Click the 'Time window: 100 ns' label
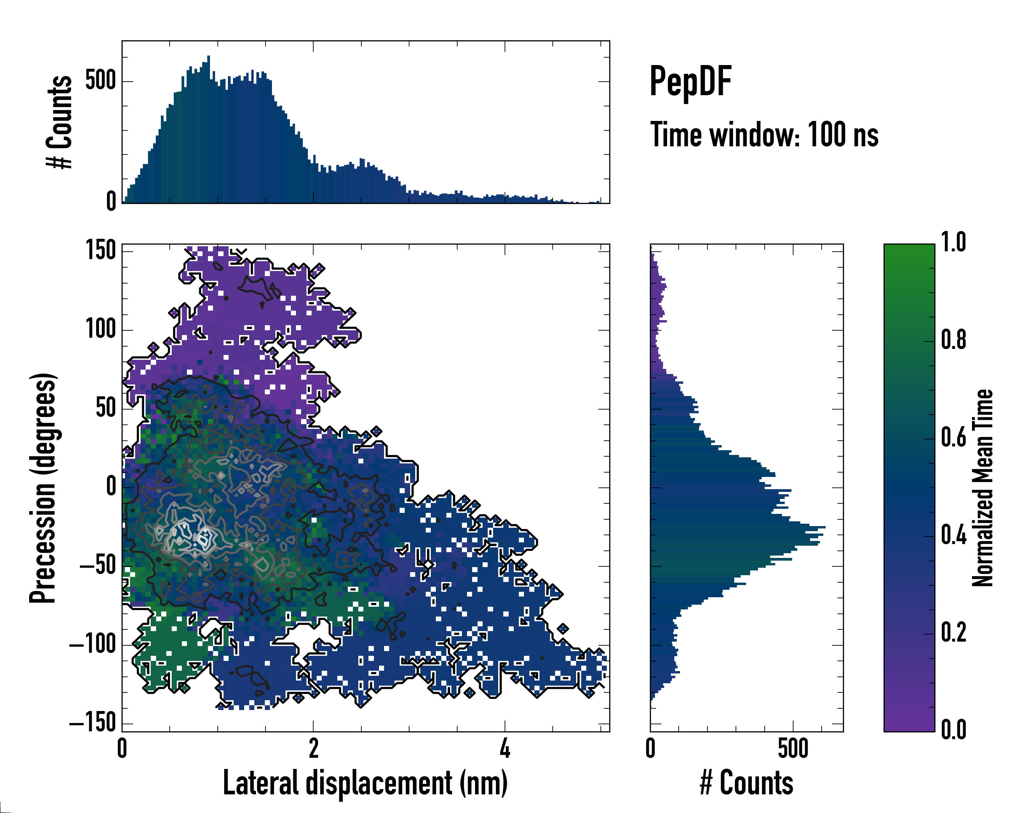point(764,135)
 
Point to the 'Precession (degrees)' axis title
point(43,488)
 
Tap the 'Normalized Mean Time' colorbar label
point(982,488)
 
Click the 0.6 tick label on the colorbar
point(953,437)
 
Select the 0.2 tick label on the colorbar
point(953,632)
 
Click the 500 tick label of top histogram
point(100,81)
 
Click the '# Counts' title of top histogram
point(59,122)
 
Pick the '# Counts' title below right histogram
point(746,783)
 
